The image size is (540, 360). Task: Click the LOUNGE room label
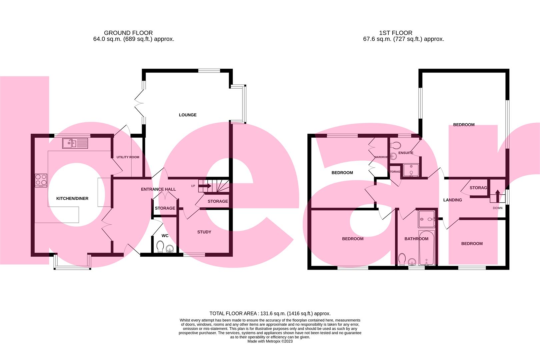[188, 115]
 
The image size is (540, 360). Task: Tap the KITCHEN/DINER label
[72, 199]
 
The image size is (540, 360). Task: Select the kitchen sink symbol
[75, 144]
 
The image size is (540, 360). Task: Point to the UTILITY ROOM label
[128, 157]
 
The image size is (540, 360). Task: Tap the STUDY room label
[204, 232]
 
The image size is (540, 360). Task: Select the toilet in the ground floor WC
[160, 247]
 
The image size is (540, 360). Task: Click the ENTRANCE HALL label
[158, 189]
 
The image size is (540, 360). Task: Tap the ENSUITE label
[406, 153]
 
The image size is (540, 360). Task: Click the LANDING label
[452, 200]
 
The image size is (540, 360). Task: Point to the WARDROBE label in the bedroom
[381, 157]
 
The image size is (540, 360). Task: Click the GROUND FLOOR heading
[128, 33]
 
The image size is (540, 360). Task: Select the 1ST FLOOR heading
[396, 33]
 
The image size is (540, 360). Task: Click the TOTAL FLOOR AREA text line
[270, 313]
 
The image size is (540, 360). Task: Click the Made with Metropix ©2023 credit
[270, 341]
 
